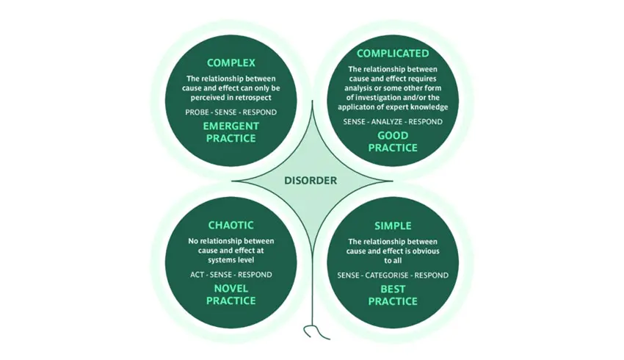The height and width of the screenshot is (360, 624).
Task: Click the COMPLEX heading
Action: click(231, 63)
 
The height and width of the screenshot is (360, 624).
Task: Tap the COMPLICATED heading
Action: click(393, 54)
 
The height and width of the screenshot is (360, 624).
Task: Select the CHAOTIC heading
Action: click(231, 226)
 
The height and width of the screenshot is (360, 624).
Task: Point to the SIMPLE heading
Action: click(393, 226)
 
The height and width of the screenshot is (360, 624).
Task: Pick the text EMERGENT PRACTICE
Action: click(231, 132)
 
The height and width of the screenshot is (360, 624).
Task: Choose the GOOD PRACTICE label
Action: click(393, 142)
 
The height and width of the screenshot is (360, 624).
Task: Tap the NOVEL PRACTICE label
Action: click(231, 295)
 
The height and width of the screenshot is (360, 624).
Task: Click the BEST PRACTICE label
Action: click(393, 295)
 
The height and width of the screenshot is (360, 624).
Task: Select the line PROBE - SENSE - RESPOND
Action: click(231, 112)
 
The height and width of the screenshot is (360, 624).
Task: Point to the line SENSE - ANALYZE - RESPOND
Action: click(393, 122)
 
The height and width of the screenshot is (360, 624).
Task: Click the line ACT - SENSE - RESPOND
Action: click(231, 275)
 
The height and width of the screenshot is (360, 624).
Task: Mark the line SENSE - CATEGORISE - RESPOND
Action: click(393, 276)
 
